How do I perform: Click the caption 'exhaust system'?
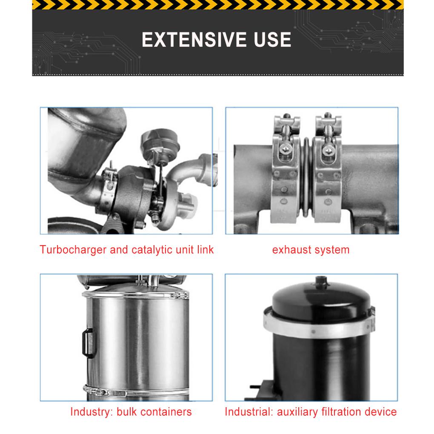coord(311,249)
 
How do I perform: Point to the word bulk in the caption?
coord(127,412)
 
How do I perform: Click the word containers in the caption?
coord(167,412)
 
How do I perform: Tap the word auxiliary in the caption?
coord(297,412)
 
